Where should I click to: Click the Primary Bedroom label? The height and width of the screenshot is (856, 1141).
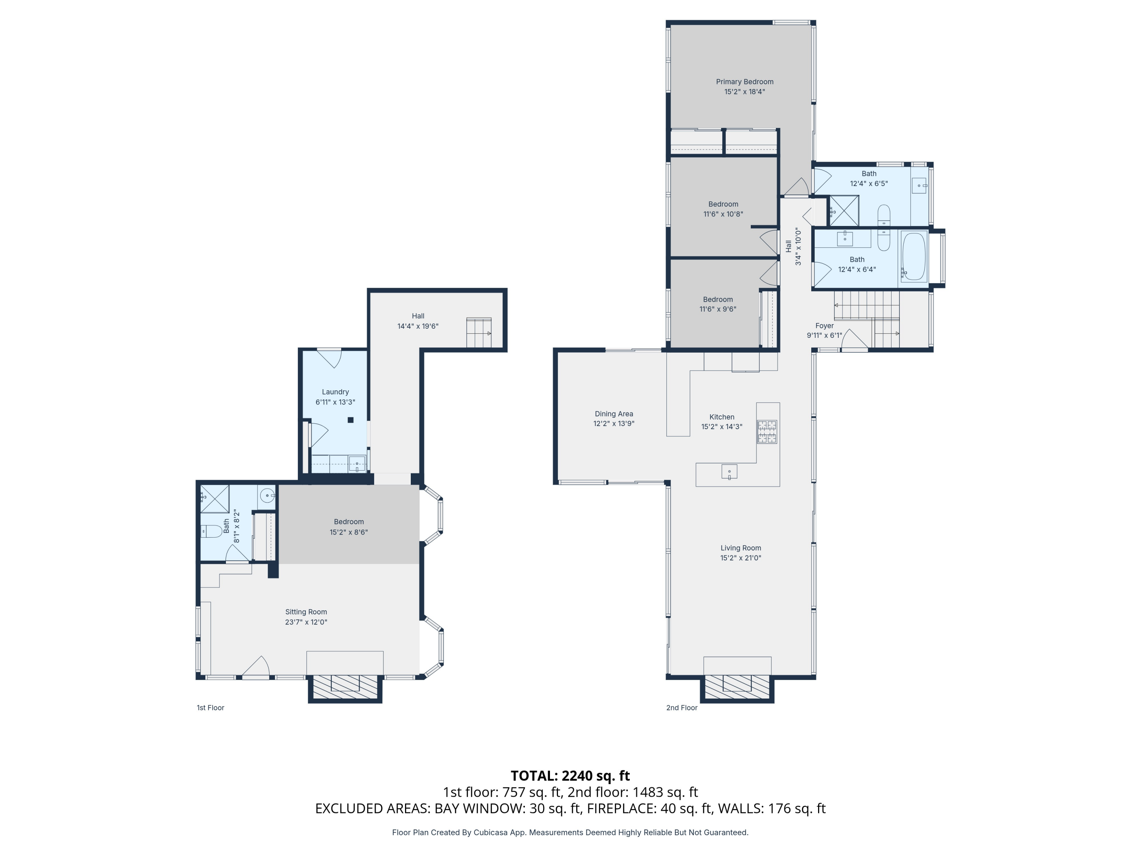pos(744,81)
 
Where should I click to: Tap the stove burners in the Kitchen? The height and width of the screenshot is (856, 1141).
pos(766,432)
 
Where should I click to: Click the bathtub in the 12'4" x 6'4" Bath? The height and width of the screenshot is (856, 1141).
pos(914,256)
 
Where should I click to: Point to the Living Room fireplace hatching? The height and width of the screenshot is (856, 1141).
pos(737,687)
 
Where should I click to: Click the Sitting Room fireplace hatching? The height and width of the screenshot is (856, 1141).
pos(345,687)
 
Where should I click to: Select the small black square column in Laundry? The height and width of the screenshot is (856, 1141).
pos(350,420)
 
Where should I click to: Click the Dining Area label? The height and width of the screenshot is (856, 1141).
pos(613,414)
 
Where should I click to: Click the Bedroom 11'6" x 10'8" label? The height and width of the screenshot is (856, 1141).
pos(723,204)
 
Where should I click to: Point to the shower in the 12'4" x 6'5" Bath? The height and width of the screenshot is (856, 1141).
pos(844,210)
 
